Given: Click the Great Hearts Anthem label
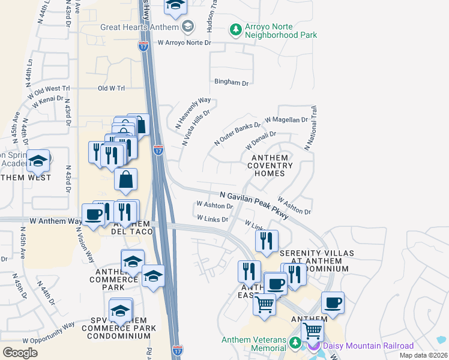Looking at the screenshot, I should (140, 27).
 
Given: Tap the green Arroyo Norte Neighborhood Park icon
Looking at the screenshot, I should (236, 29).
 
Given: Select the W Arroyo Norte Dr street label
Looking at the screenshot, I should (185, 43).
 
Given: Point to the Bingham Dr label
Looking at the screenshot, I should (232, 83).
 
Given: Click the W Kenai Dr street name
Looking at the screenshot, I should (48, 100).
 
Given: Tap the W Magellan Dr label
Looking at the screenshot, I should (286, 120).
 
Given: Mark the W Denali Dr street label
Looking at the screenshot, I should (261, 142).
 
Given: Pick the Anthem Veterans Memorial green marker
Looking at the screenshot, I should (294, 343).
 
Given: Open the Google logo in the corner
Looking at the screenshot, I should (20, 352).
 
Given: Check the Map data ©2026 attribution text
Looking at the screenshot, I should (423, 355).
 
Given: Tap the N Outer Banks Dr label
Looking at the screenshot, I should (238, 134).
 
